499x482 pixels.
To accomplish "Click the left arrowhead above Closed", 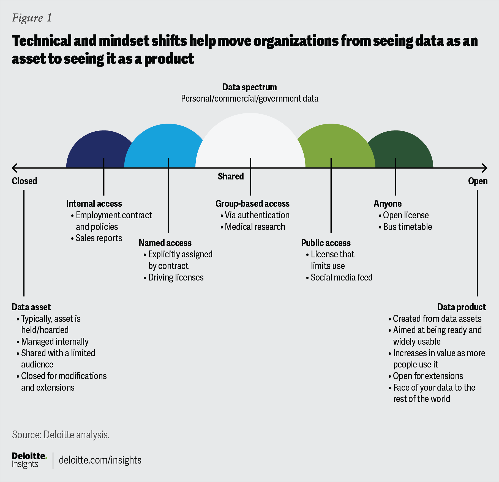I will pyautogui.click(x=14, y=168).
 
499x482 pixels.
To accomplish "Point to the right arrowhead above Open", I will pyautogui.click(x=485, y=168).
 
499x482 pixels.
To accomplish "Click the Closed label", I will pyautogui.click(x=24, y=181).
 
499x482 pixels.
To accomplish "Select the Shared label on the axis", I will pyautogui.click(x=231, y=176).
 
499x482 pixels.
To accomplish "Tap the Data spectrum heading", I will pyautogui.click(x=249, y=87).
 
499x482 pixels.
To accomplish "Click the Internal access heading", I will pyautogui.click(x=94, y=204).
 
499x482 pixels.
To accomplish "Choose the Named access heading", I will pyautogui.click(x=165, y=243).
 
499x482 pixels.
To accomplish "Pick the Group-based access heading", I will pyautogui.click(x=252, y=204).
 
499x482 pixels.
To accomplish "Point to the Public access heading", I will pyautogui.click(x=326, y=243).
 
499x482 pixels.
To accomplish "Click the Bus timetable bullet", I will pyautogui.click(x=407, y=227).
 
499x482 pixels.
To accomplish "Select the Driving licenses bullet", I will pyautogui.click(x=176, y=277).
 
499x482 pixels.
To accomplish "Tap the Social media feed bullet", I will pyautogui.click(x=341, y=277).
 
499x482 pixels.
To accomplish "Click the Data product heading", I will pyautogui.click(x=462, y=307).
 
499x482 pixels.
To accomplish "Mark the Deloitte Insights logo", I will pyautogui.click(x=29, y=460).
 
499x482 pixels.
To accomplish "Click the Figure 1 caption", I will pyautogui.click(x=32, y=18).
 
